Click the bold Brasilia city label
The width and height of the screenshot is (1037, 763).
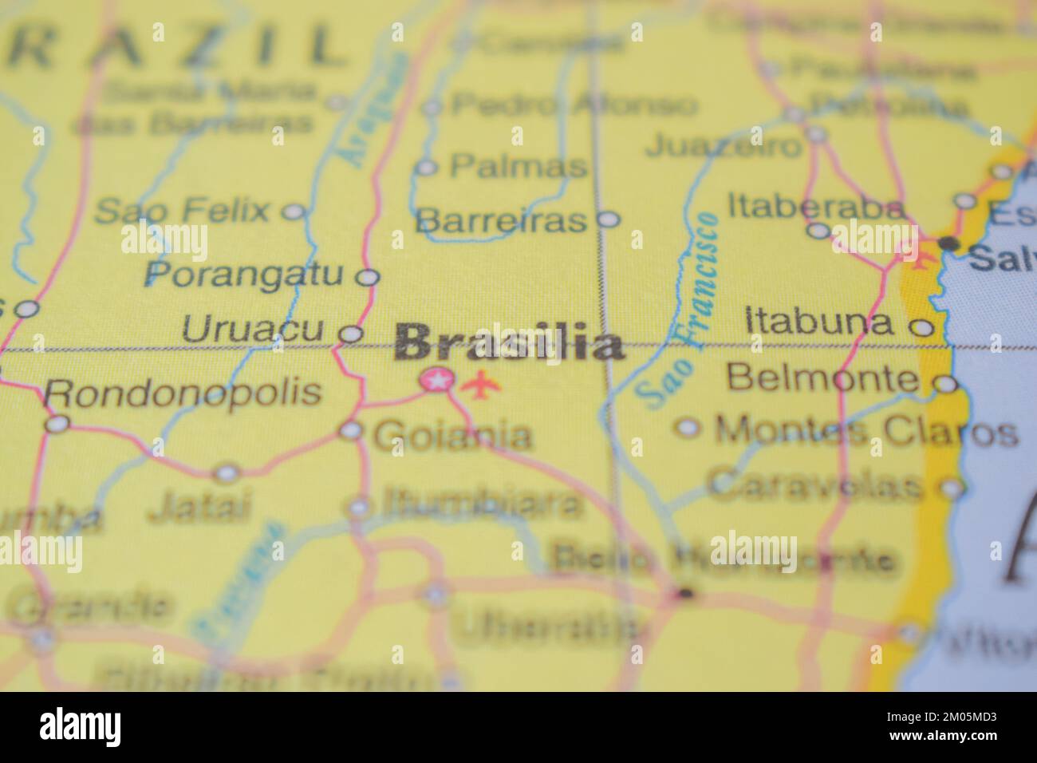509,344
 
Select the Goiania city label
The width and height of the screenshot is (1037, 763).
452,436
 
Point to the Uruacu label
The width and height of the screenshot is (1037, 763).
253,329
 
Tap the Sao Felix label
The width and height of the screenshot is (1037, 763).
182,212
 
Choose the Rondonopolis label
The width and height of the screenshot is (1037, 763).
183,392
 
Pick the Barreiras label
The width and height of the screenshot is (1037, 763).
502,219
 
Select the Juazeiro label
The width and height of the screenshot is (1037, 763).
723,145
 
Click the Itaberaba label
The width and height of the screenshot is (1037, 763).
816,208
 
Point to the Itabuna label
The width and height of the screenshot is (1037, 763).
818,322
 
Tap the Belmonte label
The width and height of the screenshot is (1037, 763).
822,378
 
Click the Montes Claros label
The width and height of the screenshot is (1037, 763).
866,432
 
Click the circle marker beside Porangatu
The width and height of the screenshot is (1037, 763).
367,277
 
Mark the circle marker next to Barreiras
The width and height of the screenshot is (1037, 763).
609,218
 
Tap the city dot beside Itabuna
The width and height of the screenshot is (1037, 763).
922,326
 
